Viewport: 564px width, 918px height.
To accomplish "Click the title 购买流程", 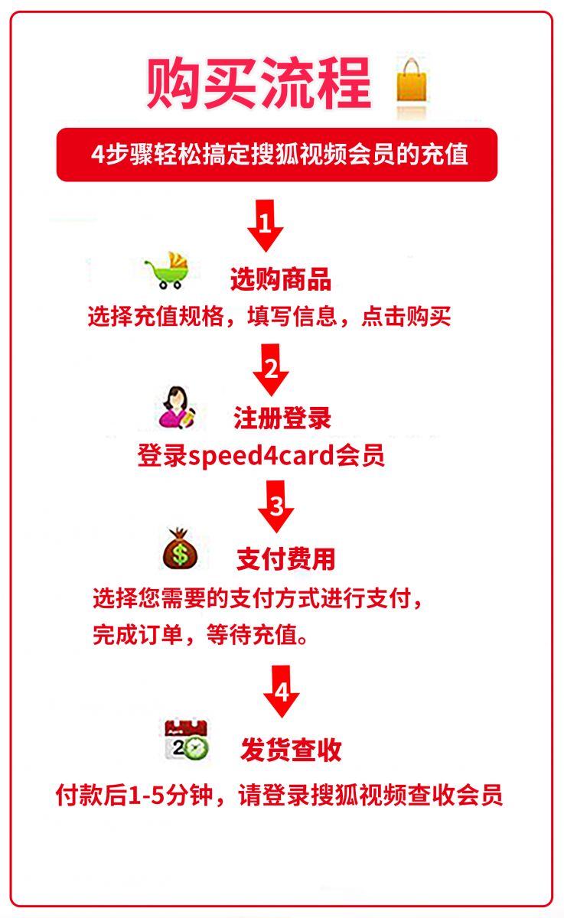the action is [259, 83].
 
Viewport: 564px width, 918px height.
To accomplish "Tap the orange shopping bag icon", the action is [412, 80].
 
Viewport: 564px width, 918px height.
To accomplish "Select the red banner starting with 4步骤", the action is [277, 155].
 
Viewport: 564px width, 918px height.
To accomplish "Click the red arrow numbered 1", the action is [266, 226].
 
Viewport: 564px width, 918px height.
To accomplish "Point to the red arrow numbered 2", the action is [271, 369].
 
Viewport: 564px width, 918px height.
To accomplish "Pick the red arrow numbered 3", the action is [275, 506].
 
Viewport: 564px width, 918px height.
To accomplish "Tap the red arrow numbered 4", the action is [281, 692].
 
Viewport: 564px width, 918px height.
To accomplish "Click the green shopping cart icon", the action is [168, 271].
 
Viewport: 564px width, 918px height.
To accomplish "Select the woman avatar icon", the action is [177, 407].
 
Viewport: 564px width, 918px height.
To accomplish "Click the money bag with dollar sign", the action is [180, 549].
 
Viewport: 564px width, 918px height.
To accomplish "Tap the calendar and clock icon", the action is [187, 740].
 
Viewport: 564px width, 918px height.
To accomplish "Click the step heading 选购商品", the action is [281, 279].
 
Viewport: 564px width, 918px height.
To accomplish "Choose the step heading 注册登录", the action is [282, 418].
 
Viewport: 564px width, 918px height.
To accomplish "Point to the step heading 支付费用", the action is [285, 559].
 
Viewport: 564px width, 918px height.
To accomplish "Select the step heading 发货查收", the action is [291, 750].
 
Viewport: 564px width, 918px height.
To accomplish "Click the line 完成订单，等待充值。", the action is [200, 635].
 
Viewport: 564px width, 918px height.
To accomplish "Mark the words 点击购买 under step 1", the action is [406, 317].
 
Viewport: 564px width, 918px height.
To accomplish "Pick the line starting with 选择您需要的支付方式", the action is [257, 599].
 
